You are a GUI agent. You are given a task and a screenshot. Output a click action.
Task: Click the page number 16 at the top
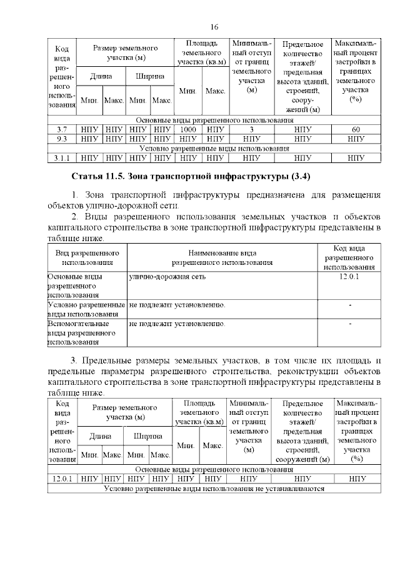[214, 26]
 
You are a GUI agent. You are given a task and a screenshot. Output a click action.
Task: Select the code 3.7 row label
[61, 129]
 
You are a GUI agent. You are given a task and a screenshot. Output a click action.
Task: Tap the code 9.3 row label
[61, 139]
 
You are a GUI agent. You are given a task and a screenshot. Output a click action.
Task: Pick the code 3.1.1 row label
[61, 158]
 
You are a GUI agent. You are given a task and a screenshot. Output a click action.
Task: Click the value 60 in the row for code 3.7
[356, 129]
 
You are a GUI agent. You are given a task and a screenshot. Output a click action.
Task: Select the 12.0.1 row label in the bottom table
[62, 479]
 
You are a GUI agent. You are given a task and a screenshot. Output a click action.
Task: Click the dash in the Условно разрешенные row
[349, 304]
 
